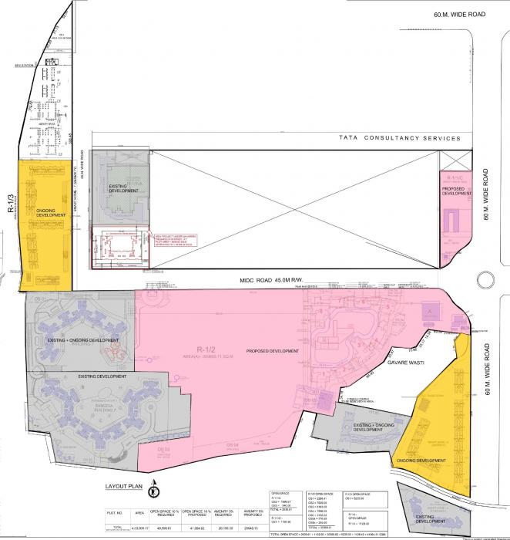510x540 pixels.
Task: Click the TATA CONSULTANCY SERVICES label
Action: pos(400,139)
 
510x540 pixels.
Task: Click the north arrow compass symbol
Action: pos(155,488)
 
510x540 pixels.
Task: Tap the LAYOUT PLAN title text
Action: pos(126,488)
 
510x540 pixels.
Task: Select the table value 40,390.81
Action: pos(162,529)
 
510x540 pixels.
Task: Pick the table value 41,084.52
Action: pos(191,529)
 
